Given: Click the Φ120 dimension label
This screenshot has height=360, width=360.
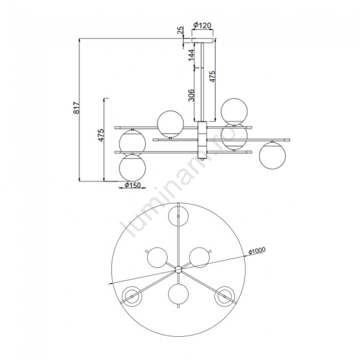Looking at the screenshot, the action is [x=202, y=25].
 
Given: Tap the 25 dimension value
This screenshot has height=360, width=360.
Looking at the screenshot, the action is [x=181, y=30].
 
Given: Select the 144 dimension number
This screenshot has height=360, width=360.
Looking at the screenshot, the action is [x=191, y=55].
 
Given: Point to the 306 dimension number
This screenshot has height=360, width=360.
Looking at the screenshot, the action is [x=191, y=95].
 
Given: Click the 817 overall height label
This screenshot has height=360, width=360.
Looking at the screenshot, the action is [x=76, y=107].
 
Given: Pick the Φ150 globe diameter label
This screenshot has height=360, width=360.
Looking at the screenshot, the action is [x=132, y=185].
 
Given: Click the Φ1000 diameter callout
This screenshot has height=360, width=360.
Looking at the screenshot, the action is [x=257, y=250].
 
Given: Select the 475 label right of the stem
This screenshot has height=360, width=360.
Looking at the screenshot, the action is [x=212, y=76].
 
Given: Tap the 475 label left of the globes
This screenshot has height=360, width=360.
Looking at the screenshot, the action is [x=101, y=135].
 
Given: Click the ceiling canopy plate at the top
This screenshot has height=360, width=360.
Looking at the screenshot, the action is [x=202, y=40].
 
